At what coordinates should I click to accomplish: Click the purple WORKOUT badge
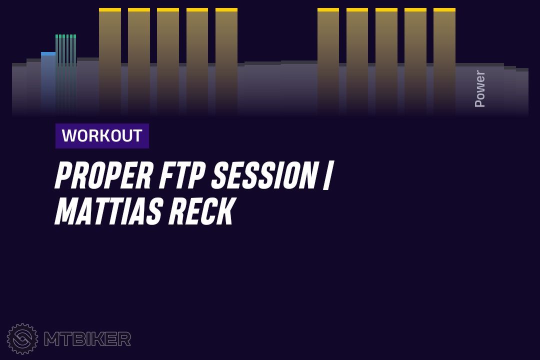pyautogui.click(x=102, y=135)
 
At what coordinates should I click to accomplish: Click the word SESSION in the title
pyautogui.click(x=264, y=175)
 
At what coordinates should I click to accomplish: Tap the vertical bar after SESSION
pyautogui.click(x=327, y=175)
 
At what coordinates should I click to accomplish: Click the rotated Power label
pyautogui.click(x=479, y=88)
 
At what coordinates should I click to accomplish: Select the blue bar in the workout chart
pyautogui.click(x=48, y=82)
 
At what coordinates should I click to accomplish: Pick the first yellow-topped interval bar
pyautogui.click(x=110, y=60)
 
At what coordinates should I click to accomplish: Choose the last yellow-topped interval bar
pyautogui.click(x=444, y=60)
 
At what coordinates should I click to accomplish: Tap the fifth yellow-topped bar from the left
pyautogui.click(x=226, y=60)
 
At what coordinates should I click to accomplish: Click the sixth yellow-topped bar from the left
pyautogui.click(x=328, y=60)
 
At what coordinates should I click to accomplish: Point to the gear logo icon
pyautogui.click(x=22, y=338)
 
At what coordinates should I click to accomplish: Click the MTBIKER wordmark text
pyautogui.click(x=87, y=339)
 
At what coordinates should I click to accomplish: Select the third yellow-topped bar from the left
pyautogui.click(x=168, y=60)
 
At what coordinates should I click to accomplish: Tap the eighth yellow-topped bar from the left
pyautogui.click(x=386, y=60)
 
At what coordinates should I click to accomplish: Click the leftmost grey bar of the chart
pyautogui.click(x=19, y=89)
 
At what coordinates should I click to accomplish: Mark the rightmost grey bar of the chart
pyautogui.click(x=522, y=91)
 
